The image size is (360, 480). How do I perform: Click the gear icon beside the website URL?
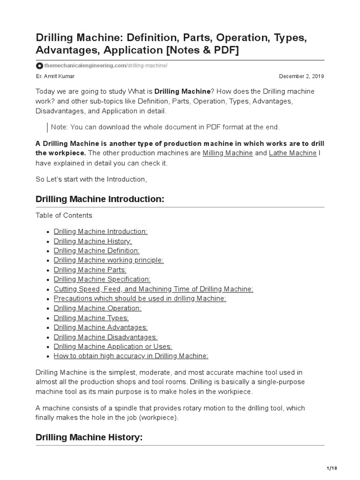[x=40, y=66]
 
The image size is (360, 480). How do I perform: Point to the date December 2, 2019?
[x=301, y=76]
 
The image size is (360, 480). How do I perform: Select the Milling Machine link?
[x=228, y=153]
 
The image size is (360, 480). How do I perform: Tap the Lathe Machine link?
[x=292, y=153]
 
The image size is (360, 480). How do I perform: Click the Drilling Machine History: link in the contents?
[x=93, y=241]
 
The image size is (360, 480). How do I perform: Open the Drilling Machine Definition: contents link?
[x=97, y=251]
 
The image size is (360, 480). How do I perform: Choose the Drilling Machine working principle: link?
[x=109, y=260]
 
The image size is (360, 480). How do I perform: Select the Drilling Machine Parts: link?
[x=90, y=270]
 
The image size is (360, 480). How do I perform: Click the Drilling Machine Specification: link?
[x=102, y=279]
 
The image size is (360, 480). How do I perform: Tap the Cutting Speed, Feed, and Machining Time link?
[x=153, y=289]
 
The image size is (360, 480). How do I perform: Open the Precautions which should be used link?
[x=140, y=299]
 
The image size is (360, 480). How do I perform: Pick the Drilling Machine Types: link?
[x=91, y=318]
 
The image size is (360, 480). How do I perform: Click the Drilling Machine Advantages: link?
[x=101, y=327]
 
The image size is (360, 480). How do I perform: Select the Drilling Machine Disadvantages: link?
[x=105, y=337]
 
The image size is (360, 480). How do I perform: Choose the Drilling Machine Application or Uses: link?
[x=113, y=346]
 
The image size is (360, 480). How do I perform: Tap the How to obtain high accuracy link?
[x=131, y=356]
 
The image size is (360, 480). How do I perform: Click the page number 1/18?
[x=331, y=468]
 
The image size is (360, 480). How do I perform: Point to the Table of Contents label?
[x=64, y=216]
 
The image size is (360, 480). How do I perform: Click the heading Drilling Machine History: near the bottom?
[x=89, y=437]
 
